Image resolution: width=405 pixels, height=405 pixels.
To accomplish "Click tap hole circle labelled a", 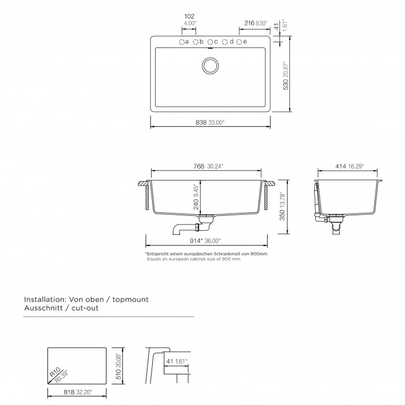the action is [182, 42].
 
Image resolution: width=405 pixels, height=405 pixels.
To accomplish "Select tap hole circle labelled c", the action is [210, 42].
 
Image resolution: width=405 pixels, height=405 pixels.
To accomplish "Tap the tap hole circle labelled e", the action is [239, 42].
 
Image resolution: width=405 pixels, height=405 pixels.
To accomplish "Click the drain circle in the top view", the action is [210, 65].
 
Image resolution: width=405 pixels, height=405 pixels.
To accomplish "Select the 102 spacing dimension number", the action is [189, 16].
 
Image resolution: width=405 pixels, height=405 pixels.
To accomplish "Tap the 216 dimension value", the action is [249, 23].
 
